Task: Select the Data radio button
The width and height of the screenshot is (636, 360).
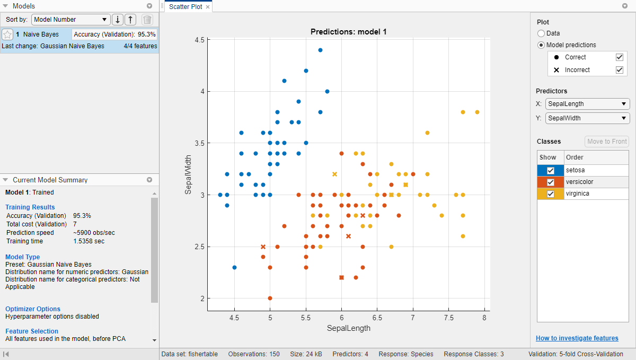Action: [x=541, y=33]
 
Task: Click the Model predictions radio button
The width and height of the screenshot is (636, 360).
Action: [x=541, y=45]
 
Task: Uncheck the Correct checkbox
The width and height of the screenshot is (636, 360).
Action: [x=619, y=57]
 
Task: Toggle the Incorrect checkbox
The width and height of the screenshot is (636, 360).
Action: [x=619, y=70]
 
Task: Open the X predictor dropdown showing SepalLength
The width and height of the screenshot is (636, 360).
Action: [x=587, y=104]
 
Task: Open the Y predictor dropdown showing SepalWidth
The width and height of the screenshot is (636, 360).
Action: [x=587, y=118]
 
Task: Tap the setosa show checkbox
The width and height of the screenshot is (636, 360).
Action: [x=551, y=170]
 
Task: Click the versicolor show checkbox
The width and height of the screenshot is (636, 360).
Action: [x=551, y=182]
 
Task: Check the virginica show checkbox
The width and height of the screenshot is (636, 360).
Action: [x=551, y=194]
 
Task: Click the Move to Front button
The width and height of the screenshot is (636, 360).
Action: [x=607, y=142]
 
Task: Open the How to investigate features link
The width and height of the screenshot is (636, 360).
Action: [x=577, y=338]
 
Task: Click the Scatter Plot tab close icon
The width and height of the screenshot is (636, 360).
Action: [x=208, y=7]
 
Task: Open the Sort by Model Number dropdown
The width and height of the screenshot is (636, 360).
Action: [x=70, y=20]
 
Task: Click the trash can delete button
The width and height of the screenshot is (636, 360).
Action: [x=147, y=20]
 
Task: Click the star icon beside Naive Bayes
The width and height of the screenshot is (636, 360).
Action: [x=7, y=34]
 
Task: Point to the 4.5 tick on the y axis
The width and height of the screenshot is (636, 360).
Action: [x=199, y=40]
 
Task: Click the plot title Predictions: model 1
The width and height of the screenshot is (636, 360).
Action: [x=348, y=32]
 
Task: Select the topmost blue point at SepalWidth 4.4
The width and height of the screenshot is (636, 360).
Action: [x=320, y=50]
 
